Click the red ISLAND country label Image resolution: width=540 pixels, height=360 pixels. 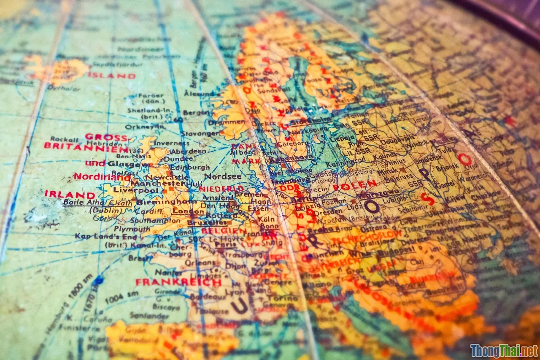point(111,76)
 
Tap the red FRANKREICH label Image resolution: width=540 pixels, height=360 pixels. point(178,282)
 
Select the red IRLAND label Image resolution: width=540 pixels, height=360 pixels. point(70,195)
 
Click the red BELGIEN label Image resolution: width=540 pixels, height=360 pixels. point(224,231)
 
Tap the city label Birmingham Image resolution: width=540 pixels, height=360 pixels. point(160,202)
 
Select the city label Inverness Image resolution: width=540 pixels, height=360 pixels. point(170,143)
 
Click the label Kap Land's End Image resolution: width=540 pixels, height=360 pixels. point(100,236)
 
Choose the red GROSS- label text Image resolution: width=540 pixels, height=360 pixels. point(106,137)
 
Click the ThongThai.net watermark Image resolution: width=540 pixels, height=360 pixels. point(504,350)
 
